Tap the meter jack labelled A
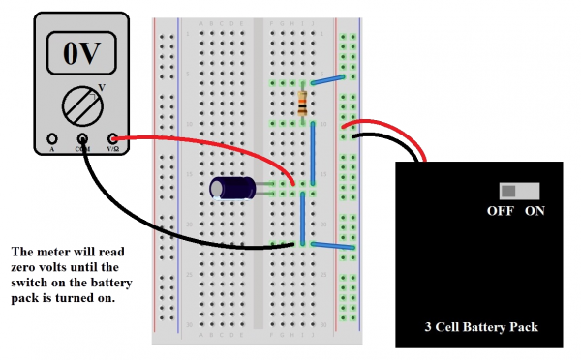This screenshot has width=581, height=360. pos(50,139)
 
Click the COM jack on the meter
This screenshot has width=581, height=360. pos(82,139)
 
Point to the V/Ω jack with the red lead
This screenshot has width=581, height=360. pos(113,139)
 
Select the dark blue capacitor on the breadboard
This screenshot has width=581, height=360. pos(233,188)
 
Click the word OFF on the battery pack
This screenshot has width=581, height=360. pos(500,211)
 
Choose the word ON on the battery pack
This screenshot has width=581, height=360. pos(535,211)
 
